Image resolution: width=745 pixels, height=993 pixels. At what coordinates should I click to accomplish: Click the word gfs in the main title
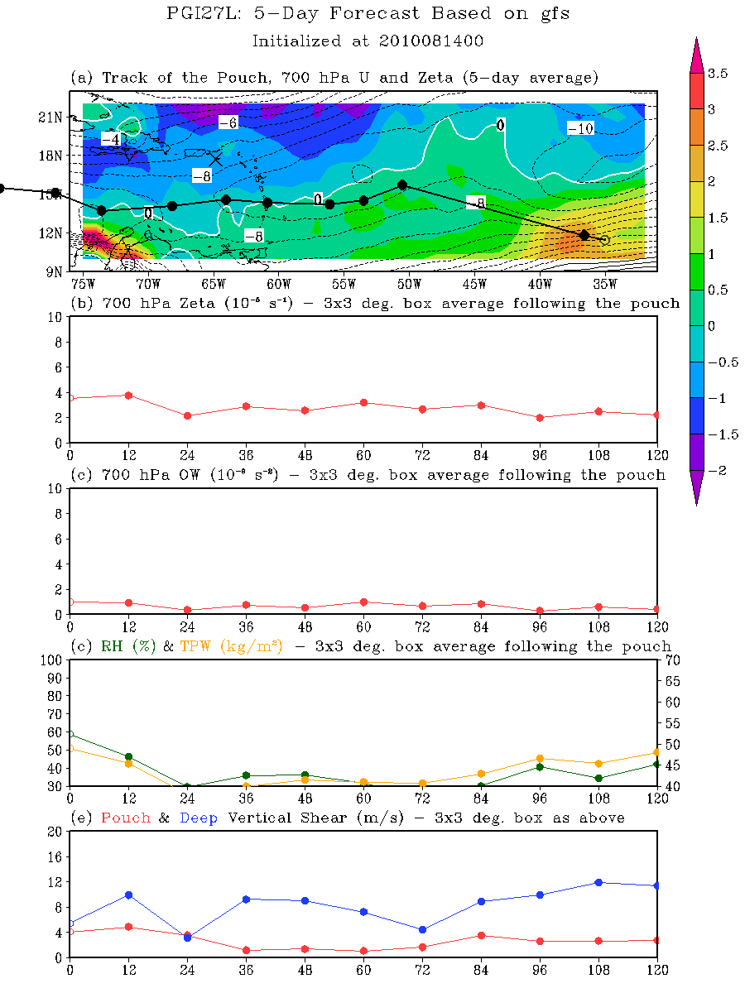click(550, 14)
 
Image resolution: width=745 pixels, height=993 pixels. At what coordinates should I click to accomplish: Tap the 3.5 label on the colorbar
click(718, 74)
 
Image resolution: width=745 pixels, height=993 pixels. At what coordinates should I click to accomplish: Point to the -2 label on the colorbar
click(717, 469)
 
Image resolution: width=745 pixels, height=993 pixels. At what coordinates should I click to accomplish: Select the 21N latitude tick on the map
click(51, 117)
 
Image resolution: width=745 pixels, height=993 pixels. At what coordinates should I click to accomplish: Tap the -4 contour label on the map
click(110, 138)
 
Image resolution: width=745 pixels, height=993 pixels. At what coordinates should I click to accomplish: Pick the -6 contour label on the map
click(228, 122)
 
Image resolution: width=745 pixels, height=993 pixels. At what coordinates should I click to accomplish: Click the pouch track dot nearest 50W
click(402, 185)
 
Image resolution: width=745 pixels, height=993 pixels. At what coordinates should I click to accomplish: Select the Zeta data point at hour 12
click(128, 396)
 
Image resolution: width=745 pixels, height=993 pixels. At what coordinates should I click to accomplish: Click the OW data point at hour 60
click(363, 602)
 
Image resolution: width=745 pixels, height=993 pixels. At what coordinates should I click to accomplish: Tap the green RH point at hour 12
click(128, 757)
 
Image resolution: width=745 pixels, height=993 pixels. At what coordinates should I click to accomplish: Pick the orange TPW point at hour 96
click(540, 759)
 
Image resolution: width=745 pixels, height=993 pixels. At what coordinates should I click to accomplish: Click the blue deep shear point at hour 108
click(598, 883)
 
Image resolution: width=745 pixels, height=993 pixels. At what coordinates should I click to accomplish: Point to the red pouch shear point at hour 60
click(363, 951)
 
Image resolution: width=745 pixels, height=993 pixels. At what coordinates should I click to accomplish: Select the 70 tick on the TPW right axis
click(672, 660)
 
